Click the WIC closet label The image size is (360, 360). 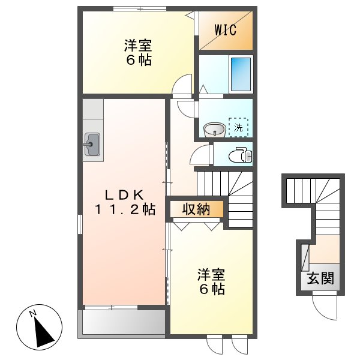[x=226, y=29]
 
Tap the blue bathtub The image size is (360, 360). [x=241, y=74]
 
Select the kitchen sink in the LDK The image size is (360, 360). [x=92, y=145]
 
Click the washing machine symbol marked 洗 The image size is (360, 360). [x=239, y=127]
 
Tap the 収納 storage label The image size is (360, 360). [x=196, y=209]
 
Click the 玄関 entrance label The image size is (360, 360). [x=320, y=278]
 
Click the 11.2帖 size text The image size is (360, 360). [x=124, y=209]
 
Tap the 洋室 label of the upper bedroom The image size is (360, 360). [x=138, y=46]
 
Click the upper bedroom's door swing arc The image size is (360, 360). [x=182, y=85]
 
